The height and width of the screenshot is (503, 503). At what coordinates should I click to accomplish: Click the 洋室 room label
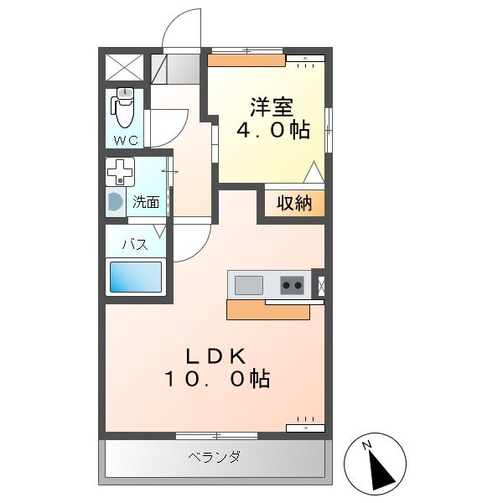[x=270, y=107]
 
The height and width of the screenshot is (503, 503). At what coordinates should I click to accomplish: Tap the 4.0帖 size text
[x=270, y=130]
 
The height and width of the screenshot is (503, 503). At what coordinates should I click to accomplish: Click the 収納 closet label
[x=291, y=203]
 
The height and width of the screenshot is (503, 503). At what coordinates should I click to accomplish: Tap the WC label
[x=126, y=139]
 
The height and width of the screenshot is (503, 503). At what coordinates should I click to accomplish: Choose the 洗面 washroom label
[x=147, y=202]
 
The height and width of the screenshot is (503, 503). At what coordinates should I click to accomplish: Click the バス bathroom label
[x=136, y=246]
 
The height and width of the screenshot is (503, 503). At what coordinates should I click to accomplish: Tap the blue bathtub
[x=134, y=277]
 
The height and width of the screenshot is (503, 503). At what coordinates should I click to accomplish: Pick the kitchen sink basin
[x=249, y=285]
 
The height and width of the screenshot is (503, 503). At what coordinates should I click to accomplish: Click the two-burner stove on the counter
[x=292, y=285]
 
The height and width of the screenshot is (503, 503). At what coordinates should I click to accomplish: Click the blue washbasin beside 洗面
[x=113, y=202]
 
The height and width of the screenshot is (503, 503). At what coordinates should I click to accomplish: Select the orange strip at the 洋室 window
[x=246, y=60]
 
